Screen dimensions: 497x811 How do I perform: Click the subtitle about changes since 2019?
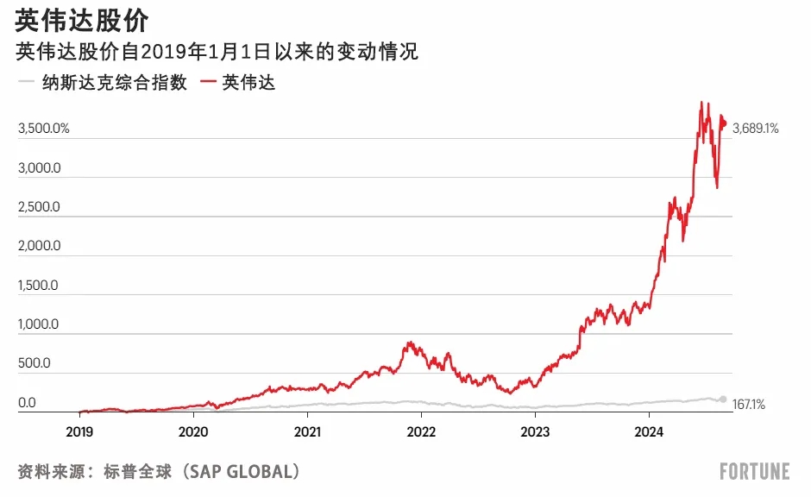click(217, 53)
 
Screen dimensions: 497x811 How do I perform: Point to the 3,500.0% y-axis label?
click(43, 129)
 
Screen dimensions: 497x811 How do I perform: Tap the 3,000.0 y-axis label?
click(38, 168)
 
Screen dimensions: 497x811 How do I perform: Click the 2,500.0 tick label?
click(38, 207)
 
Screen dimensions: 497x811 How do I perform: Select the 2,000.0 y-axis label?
click(38, 246)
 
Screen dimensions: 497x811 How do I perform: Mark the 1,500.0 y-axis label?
click(38, 286)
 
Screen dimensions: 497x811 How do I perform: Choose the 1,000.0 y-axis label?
click(38, 324)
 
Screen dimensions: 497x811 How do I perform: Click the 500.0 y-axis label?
click(35, 363)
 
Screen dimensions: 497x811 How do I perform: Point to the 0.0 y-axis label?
click(27, 403)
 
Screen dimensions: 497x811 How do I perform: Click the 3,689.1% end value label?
click(755, 129)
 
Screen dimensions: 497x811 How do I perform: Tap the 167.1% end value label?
click(749, 404)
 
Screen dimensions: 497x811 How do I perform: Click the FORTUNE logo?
click(755, 471)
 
